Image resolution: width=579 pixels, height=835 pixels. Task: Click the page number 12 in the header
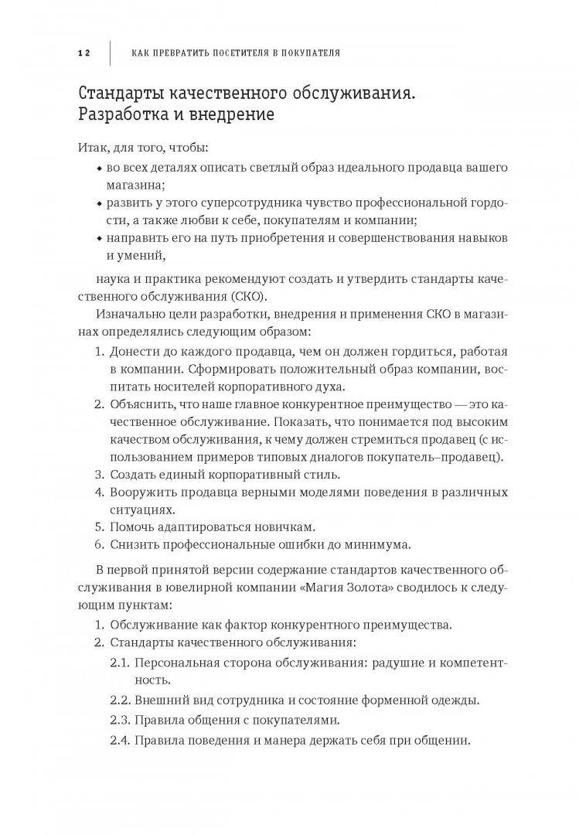click(x=84, y=53)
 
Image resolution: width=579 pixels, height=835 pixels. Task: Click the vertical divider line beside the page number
click(x=110, y=53)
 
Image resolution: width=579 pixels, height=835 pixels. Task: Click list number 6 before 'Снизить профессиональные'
click(x=98, y=544)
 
